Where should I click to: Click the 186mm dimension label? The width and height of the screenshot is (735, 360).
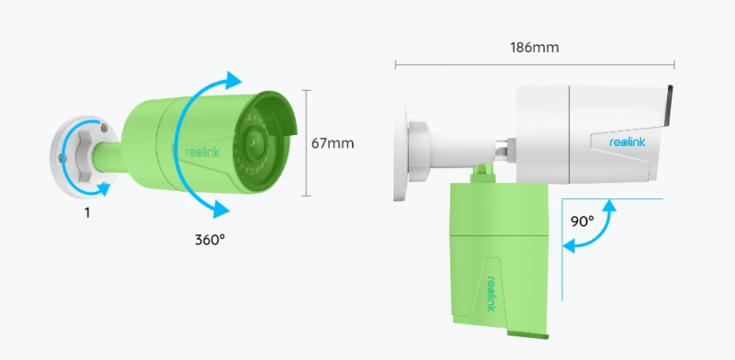(x=535, y=48)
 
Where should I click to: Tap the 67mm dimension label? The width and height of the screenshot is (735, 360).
(x=333, y=143)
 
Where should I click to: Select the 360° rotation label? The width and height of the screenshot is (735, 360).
(x=210, y=240)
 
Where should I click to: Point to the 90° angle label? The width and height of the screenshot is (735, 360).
(x=582, y=220)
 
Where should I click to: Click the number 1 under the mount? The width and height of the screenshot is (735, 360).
(x=87, y=213)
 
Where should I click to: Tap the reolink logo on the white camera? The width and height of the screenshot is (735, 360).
(x=628, y=142)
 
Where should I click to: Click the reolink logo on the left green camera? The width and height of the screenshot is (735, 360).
(x=202, y=152)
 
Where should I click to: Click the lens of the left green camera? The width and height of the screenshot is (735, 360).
(x=255, y=141)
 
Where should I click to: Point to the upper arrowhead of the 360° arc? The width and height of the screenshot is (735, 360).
(x=233, y=80)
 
